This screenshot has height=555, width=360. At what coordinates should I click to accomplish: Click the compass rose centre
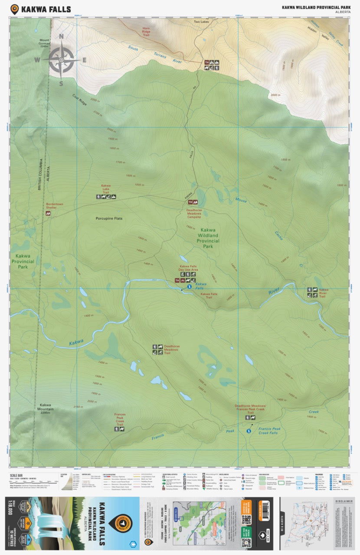61,60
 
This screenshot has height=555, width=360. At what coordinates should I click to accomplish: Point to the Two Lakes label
201,21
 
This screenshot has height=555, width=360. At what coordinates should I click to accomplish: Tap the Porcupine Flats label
109,218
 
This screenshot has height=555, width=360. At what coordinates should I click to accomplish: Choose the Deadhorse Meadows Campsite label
194,213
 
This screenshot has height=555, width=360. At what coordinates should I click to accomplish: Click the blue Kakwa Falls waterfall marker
189,287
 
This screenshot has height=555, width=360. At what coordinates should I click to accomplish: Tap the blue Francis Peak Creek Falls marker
249,431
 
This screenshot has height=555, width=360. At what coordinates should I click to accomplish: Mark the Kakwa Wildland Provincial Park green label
208,238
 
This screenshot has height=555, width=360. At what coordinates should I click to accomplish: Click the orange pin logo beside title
14,9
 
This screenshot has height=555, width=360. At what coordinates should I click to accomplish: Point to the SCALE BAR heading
16,475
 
